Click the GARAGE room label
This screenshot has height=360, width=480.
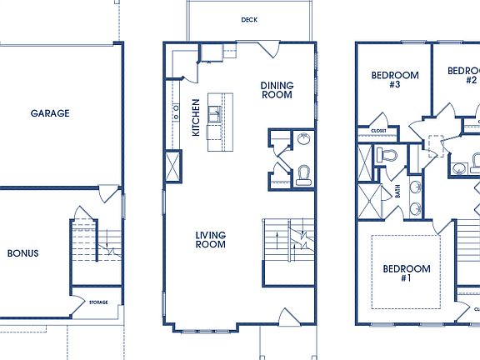pos(50,113)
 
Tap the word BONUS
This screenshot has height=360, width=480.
pos(23,253)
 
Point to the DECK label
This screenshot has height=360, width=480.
pos(248,19)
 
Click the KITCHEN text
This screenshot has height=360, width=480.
pos(196,117)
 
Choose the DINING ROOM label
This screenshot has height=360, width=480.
pos(276,90)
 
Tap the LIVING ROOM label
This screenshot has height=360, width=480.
pos(211,240)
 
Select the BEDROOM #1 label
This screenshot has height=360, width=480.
pos(407,273)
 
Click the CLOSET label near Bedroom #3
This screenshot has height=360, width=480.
pos(377,131)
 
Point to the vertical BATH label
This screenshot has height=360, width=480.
pos(397,191)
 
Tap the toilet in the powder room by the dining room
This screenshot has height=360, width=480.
pos(304,172)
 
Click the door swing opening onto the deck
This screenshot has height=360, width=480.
pos(267,47)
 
